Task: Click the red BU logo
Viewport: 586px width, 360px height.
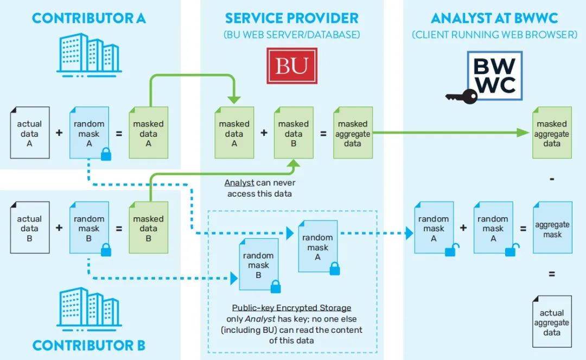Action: pyautogui.click(x=291, y=66)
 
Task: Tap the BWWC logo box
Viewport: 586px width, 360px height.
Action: pyautogui.click(x=494, y=75)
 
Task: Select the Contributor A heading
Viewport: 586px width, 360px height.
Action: pyautogui.click(x=89, y=18)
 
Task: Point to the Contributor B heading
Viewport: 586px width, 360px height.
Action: pyautogui.click(x=89, y=345)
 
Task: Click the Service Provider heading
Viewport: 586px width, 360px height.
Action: pyautogui.click(x=291, y=18)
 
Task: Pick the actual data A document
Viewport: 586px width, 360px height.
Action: pyautogui.click(x=29, y=134)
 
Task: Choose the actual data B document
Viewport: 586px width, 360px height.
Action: pyautogui.click(x=29, y=229)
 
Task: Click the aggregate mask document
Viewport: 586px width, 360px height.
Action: pyautogui.click(x=552, y=229)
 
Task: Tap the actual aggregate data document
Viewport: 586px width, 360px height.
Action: pyautogui.click(x=552, y=323)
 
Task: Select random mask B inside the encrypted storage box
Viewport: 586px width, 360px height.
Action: pyautogui.click(x=258, y=265)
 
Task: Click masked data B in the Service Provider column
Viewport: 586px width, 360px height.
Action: pyautogui.click(x=293, y=134)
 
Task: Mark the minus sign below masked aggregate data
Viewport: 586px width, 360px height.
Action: pyautogui.click(x=552, y=178)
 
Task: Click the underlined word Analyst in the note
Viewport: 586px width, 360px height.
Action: pyautogui.click(x=239, y=184)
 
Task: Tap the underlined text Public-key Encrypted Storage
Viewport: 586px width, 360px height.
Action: pyautogui.click(x=291, y=308)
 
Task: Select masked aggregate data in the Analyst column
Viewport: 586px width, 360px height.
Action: pyautogui.click(x=552, y=134)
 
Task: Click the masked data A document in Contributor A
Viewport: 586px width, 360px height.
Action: pyautogui.click(x=148, y=134)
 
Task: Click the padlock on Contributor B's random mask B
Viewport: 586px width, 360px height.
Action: pyautogui.click(x=106, y=249)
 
